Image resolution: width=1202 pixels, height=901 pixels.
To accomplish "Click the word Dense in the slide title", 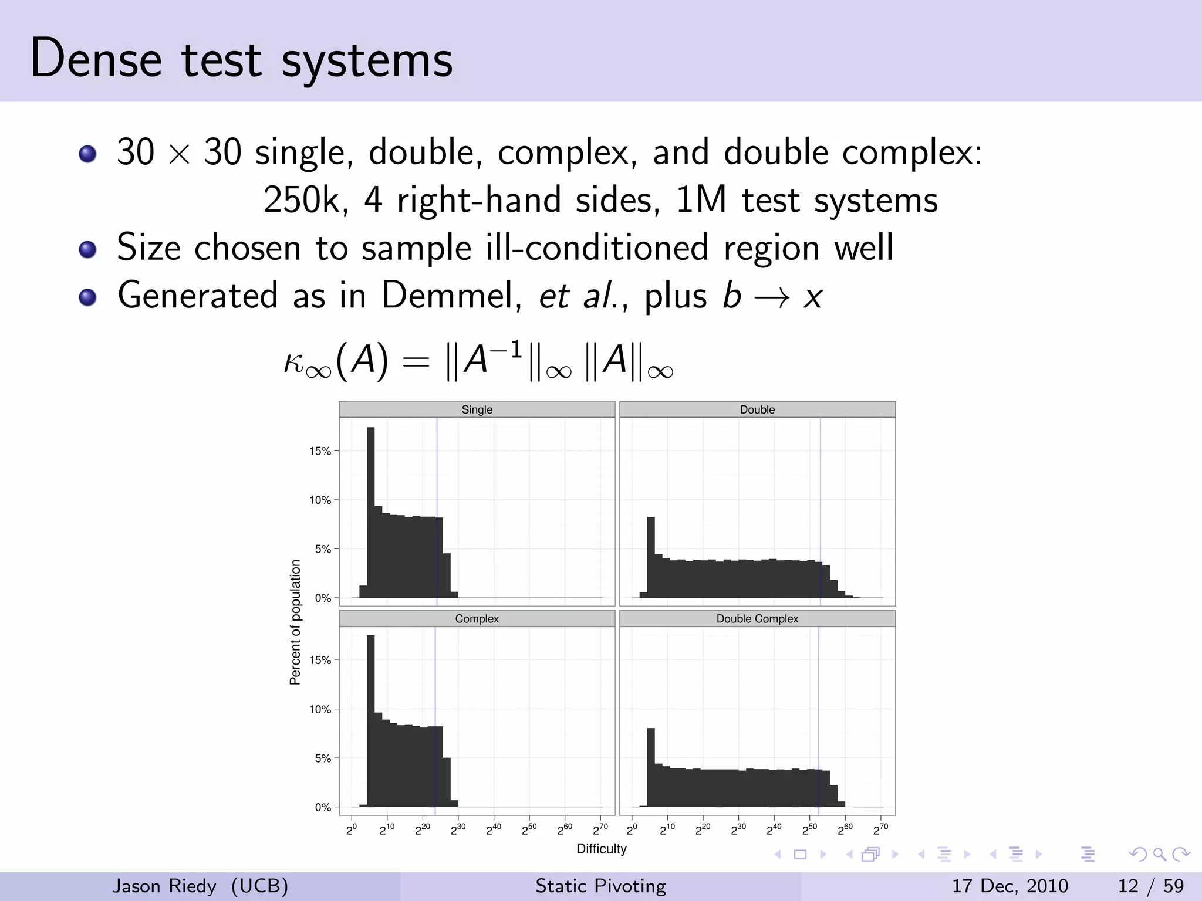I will [x=96, y=59].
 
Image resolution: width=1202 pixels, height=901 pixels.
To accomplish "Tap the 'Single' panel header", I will [x=477, y=409].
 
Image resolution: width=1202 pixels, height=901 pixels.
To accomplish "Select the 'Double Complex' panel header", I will [x=757, y=619].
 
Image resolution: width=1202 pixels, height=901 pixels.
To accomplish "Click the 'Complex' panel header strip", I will [x=477, y=619].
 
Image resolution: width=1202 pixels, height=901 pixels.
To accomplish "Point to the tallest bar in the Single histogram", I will [x=371, y=510].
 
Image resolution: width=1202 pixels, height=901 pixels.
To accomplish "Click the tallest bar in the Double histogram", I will [x=651, y=557].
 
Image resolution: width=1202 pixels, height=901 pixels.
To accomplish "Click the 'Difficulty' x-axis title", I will [x=602, y=849].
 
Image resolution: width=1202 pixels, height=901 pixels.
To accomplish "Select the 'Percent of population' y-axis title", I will [x=295, y=622].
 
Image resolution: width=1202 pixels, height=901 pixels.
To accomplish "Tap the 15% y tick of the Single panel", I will [x=320, y=451].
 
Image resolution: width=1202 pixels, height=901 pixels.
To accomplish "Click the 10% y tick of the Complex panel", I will [x=320, y=709].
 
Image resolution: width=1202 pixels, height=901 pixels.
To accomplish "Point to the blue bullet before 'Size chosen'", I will [x=87, y=249].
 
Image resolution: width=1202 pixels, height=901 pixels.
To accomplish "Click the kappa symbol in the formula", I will [x=295, y=361].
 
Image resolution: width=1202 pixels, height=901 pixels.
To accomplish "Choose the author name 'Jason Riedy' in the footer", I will [x=164, y=886].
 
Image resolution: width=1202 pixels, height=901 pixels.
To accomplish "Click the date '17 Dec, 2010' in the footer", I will [x=1009, y=886].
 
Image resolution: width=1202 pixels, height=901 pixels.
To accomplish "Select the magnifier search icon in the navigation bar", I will [x=1159, y=855].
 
